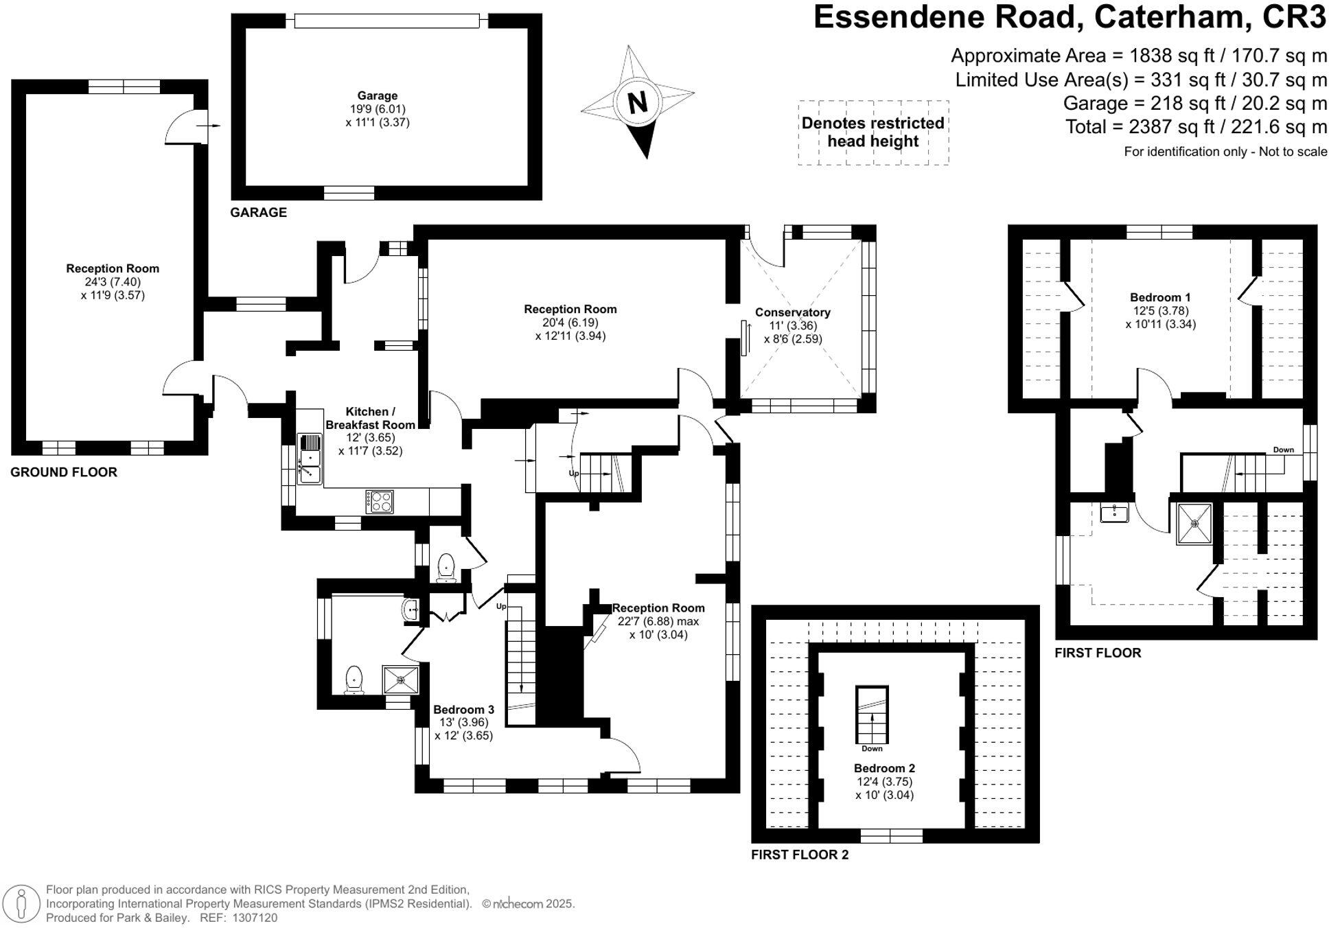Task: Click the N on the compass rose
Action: coord(638,103)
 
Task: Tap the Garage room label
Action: coord(377,96)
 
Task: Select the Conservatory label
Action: coord(792,312)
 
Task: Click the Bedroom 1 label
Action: coord(1160,297)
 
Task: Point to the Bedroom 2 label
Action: coord(884,768)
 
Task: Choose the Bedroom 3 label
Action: coord(463,710)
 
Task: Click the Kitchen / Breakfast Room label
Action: coord(370,418)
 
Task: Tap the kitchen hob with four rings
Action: coord(380,501)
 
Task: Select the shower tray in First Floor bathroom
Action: coord(1194,524)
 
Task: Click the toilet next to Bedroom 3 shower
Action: coord(354,680)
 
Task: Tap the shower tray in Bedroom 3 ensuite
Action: coord(400,680)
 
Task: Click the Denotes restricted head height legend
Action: coord(872,132)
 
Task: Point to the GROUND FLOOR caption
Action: coord(64,472)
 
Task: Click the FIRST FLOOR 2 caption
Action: coord(799,855)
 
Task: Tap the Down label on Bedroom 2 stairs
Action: coord(872,749)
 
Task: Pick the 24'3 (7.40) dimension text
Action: coord(113,282)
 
